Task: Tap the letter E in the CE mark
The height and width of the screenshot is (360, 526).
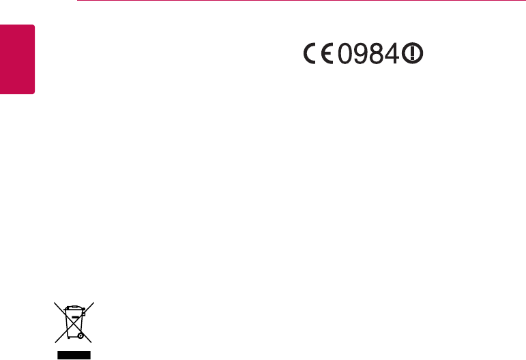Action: pyautogui.click(x=327, y=55)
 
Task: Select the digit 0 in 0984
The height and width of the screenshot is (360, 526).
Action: pyautogui.click(x=346, y=55)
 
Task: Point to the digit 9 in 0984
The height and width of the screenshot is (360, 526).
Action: pyautogui.click(x=362, y=55)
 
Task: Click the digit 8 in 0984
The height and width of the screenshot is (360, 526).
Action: pyautogui.click(x=378, y=55)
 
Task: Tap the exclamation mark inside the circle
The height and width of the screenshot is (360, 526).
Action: pyautogui.click(x=411, y=55)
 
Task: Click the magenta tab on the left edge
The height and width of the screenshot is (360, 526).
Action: pyautogui.click(x=17, y=60)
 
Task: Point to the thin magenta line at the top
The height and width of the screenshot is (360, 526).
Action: pyautogui.click(x=300, y=1)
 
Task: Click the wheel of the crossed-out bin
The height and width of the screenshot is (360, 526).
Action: pyautogui.click(x=81, y=335)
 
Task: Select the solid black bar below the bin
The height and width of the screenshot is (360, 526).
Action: pyautogui.click(x=73, y=355)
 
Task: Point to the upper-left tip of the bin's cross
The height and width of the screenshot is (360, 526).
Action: pyautogui.click(x=55, y=303)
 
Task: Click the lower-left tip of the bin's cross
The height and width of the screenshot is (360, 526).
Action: pyautogui.click(x=55, y=342)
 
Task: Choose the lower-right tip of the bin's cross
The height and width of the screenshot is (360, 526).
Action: pyautogui.click(x=92, y=342)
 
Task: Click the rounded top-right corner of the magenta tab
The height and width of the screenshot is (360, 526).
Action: pyautogui.click(x=32, y=27)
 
